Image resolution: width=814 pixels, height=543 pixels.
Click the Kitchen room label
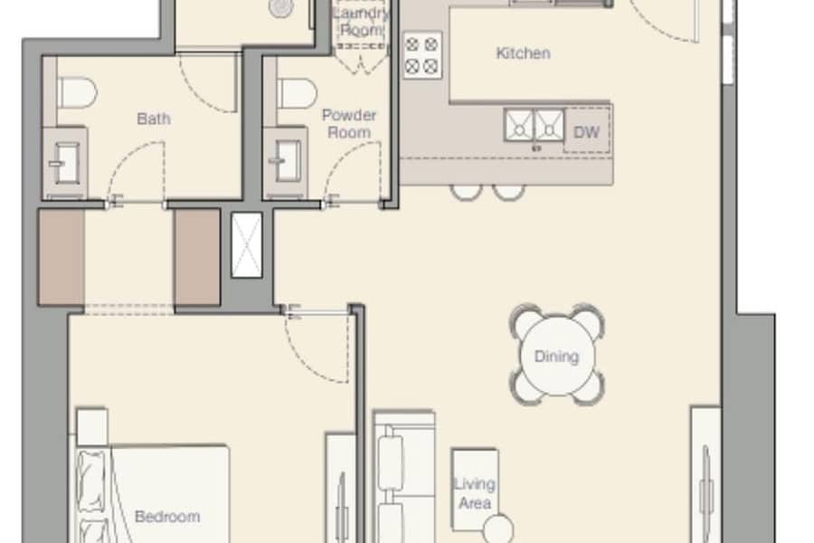(523, 53)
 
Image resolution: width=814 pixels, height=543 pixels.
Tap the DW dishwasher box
(587, 131)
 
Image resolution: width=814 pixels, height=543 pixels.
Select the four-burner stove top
(422, 55)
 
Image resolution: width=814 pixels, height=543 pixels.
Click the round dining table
(557, 356)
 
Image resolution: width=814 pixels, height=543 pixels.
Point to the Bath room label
(154, 119)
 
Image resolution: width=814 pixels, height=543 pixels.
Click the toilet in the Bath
(77, 92)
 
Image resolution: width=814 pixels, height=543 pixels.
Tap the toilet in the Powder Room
(297, 93)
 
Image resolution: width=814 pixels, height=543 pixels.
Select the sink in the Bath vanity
(64, 164)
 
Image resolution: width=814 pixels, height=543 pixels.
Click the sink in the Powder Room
(285, 162)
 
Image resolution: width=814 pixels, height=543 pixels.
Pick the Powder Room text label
(349, 124)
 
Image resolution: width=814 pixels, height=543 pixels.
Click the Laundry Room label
(361, 22)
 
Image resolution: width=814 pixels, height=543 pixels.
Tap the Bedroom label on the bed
(167, 517)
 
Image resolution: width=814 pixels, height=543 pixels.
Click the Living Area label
(475, 493)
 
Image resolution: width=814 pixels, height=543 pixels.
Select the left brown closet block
(62, 257)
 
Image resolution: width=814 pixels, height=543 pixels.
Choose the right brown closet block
(197, 257)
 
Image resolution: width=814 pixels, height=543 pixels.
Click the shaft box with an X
(247, 244)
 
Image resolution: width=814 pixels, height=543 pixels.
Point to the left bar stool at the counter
(466, 192)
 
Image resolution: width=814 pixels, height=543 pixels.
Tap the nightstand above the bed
(92, 427)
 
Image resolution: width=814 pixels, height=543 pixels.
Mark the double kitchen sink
(535, 125)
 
